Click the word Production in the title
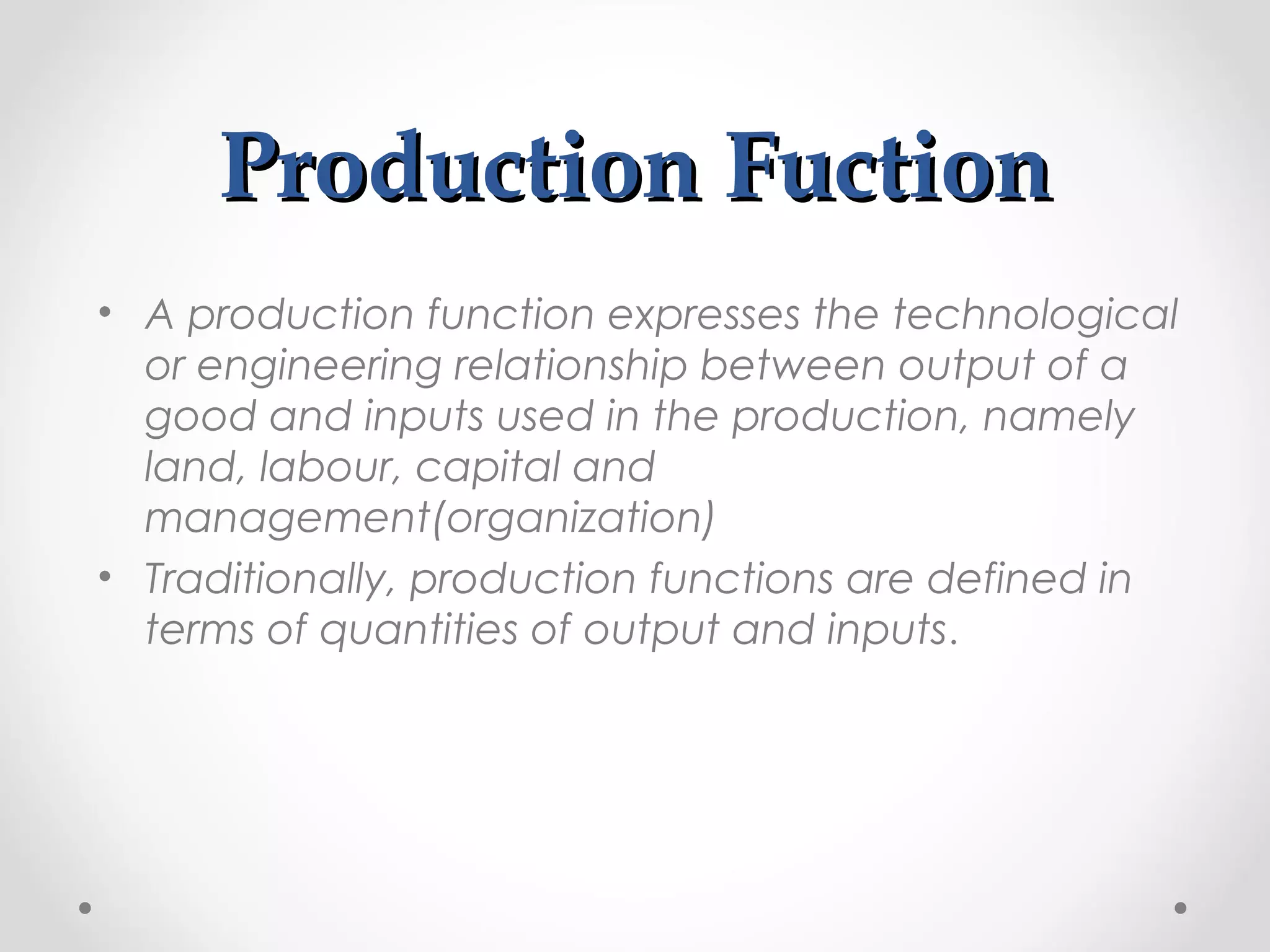point(461,169)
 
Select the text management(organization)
point(429,518)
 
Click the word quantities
point(418,630)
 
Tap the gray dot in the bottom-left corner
point(86,908)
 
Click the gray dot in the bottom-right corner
point(1181,908)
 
